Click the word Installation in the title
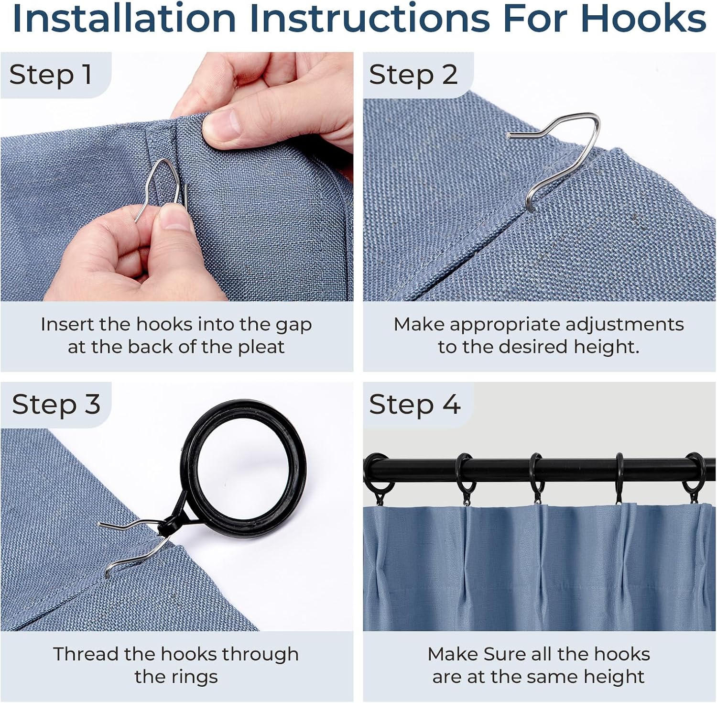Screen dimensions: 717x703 tap(124, 18)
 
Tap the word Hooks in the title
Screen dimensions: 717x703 tap(643, 18)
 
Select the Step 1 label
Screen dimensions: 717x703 tap(50, 75)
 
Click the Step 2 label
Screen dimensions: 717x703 tap(413, 75)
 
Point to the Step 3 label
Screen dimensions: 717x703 tap(56, 405)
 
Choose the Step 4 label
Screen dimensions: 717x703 tap(414, 405)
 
